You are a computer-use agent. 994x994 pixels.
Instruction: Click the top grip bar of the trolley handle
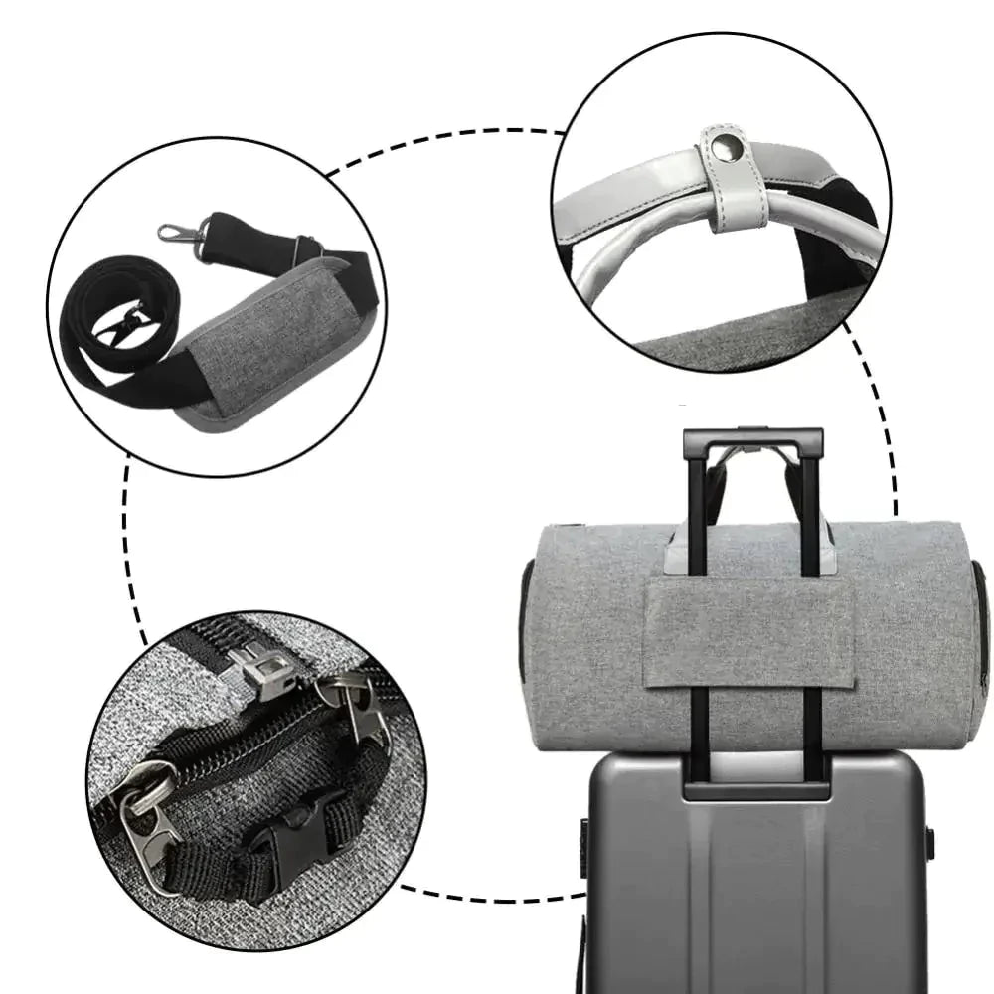[752, 438]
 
